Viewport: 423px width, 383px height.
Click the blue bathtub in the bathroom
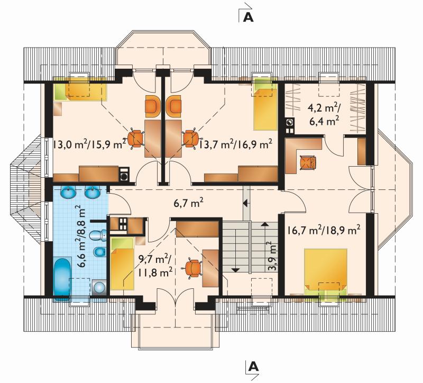click(62, 280)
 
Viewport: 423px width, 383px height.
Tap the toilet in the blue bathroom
click(98, 235)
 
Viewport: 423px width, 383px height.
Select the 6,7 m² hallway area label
click(188, 203)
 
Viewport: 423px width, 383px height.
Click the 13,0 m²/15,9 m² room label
click(89, 144)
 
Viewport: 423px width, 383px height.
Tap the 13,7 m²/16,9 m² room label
click(235, 144)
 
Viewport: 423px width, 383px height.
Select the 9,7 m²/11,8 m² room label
click(155, 266)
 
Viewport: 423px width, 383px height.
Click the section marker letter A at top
click(248, 17)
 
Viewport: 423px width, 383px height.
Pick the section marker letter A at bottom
click(253, 367)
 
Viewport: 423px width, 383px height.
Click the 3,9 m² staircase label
click(272, 256)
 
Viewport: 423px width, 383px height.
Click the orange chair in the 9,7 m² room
click(193, 268)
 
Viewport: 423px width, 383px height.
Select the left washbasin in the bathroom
click(69, 193)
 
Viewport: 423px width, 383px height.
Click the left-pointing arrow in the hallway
click(246, 203)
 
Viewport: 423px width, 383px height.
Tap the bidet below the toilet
click(100, 252)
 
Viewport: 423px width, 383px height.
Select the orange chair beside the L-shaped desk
click(308, 163)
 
